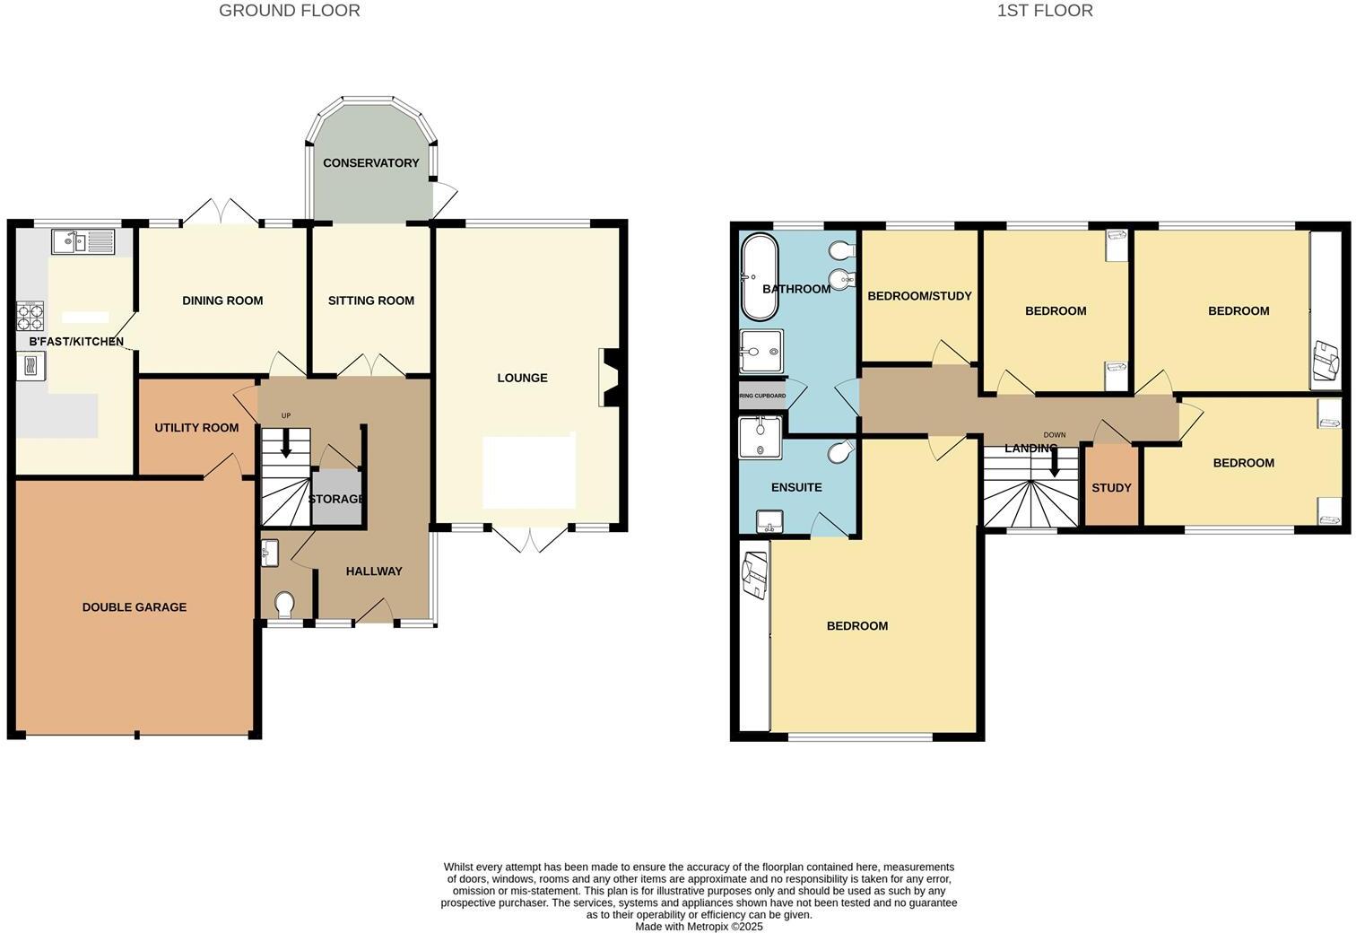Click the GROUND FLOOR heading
click(289, 11)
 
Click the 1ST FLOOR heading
click(1044, 11)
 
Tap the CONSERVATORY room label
click(370, 162)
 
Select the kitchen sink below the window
click(83, 240)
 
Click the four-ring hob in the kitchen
click(30, 317)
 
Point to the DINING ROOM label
click(222, 301)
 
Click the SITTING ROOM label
click(370, 301)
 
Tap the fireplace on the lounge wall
click(609, 378)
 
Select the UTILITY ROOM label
click(196, 428)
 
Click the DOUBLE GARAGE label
click(135, 607)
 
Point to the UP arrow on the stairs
click(286, 443)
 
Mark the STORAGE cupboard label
click(335, 499)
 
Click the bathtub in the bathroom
click(758, 277)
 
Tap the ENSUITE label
click(796, 487)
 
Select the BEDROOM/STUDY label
click(919, 296)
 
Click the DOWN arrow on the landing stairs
click(1055, 461)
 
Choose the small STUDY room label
click(1111, 488)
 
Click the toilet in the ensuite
click(840, 454)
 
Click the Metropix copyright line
click(699, 927)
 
